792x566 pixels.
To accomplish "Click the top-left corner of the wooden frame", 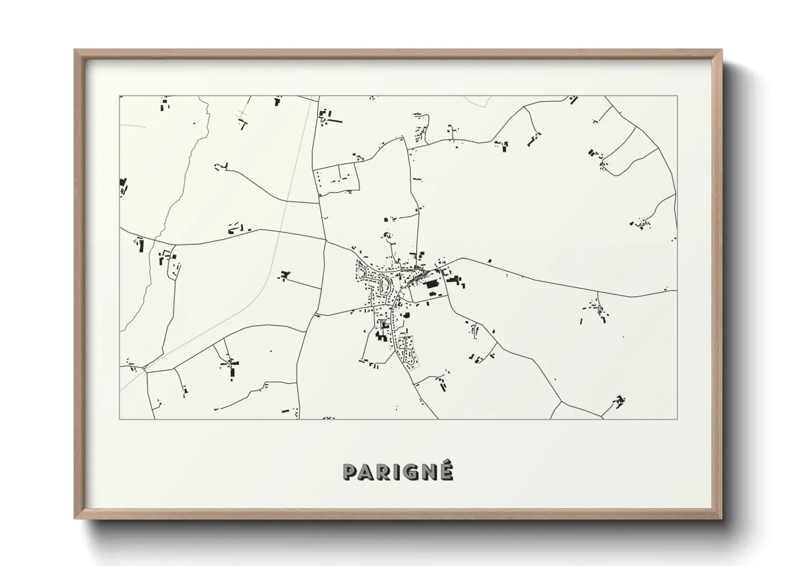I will (75, 50).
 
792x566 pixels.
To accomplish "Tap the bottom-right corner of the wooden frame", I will (721, 518).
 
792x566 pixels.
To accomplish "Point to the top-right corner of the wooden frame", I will (721, 50).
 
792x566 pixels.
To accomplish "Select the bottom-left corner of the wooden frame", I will (75, 518).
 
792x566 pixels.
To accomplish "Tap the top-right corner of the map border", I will (677, 96).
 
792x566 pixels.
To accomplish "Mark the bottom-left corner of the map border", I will (120, 419).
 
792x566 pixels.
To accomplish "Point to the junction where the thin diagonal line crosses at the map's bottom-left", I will (144, 368).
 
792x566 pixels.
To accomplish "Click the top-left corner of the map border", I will (120, 96).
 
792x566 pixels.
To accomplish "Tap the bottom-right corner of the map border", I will (677, 419).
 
